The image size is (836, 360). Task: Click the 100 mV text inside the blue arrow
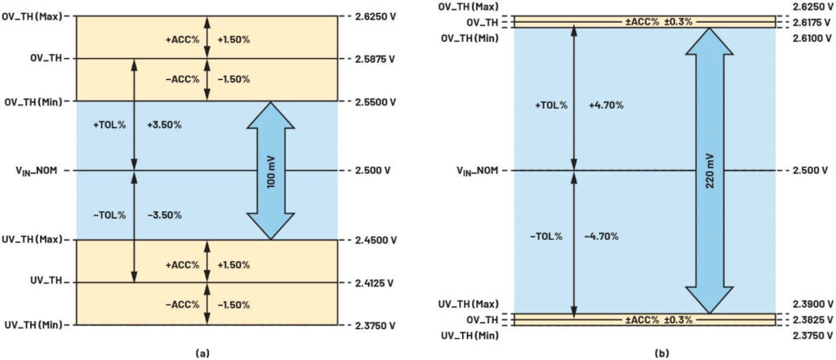271,171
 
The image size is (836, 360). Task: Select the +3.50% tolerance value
164,126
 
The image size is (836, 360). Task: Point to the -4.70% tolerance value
601,236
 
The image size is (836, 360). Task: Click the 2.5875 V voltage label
376,59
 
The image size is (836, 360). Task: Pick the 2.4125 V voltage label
376,282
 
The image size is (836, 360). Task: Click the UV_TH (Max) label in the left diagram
36,239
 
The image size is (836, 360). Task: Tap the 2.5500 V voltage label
376,101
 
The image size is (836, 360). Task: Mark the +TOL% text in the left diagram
109,126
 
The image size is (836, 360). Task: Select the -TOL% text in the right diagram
545,236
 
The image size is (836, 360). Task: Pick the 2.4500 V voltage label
376,239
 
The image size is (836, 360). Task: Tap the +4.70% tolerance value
607,105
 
